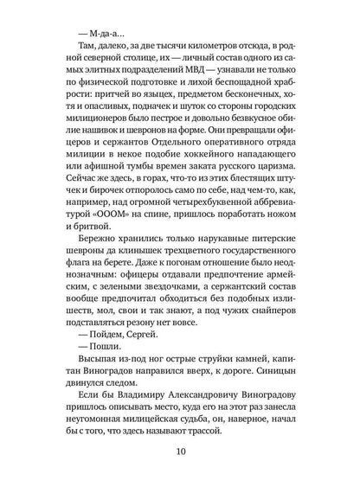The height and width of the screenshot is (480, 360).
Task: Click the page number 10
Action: click(180, 451)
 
